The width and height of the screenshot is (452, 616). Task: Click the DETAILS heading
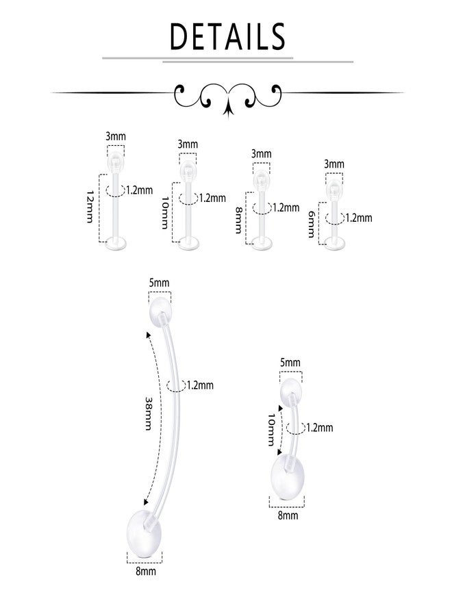227,36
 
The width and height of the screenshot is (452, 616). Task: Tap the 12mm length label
90,207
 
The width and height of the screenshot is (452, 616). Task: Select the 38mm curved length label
149,413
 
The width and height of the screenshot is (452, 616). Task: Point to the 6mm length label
312,224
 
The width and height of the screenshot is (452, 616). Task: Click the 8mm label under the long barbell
146,571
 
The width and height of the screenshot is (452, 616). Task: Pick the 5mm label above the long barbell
159,283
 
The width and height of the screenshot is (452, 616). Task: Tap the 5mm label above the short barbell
290,362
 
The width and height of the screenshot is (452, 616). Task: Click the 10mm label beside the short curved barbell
272,430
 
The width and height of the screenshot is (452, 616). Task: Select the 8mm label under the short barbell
288,515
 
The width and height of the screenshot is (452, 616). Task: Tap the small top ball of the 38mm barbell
160,309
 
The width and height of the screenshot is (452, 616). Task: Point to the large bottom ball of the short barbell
287,477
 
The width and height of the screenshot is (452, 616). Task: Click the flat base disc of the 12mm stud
116,244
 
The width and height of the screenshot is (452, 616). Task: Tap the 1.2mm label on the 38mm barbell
201,385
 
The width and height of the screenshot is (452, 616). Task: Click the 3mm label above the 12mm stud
116,136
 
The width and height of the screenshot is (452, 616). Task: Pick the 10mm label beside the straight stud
165,213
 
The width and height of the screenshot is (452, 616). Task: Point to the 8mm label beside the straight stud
238,220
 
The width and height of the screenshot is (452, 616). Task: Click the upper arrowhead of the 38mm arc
149,335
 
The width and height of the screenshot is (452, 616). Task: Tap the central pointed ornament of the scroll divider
228,108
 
